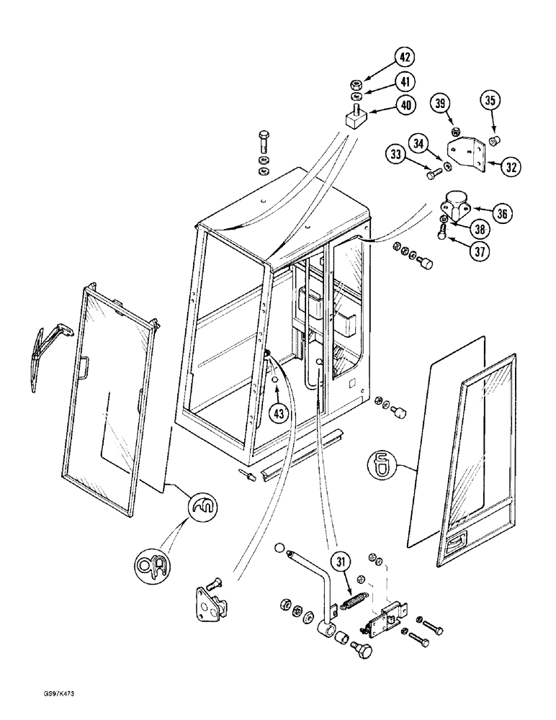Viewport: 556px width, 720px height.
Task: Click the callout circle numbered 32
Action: coord(512,168)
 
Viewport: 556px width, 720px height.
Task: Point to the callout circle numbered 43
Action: coord(278,413)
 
